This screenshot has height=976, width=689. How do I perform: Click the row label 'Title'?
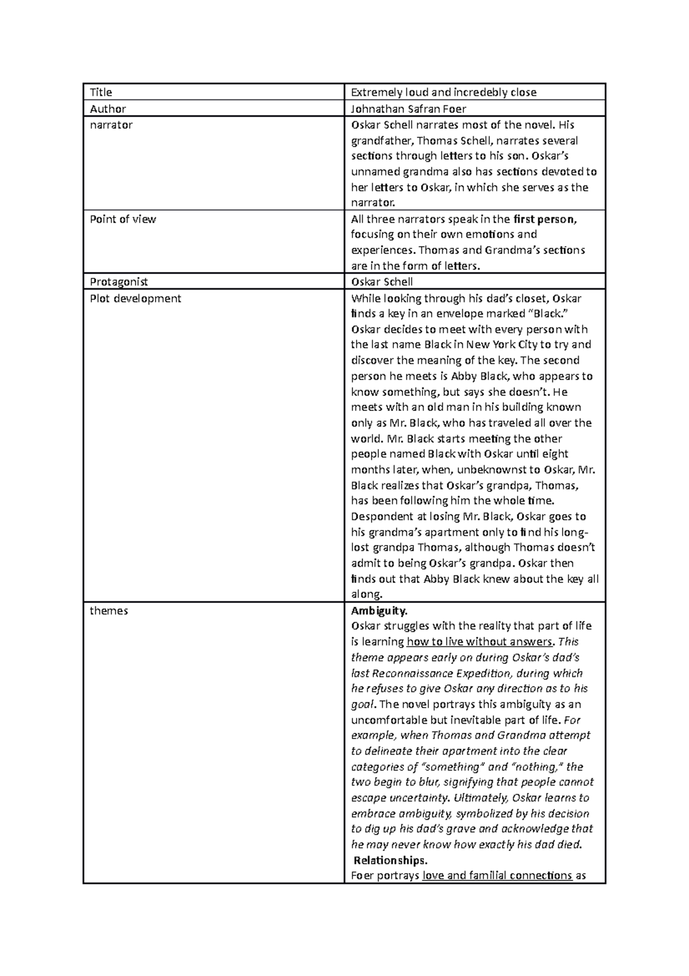click(x=101, y=93)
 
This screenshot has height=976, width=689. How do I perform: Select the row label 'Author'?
click(x=108, y=109)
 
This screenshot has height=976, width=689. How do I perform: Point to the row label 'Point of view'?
click(x=123, y=219)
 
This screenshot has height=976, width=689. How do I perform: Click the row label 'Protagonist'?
click(x=119, y=282)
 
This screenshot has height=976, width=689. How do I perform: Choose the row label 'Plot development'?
click(x=136, y=298)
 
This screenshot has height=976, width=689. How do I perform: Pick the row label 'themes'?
click(x=109, y=610)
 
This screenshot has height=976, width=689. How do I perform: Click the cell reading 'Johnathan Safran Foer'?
click(x=408, y=109)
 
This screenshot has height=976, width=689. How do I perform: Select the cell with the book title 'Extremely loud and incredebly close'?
click(x=443, y=93)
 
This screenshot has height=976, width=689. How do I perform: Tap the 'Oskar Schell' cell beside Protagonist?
click(x=382, y=282)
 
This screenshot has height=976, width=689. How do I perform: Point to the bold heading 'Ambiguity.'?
click(x=379, y=610)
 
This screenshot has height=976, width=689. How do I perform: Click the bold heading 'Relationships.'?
click(x=390, y=860)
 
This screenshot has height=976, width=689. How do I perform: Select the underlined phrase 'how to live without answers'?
click(x=479, y=642)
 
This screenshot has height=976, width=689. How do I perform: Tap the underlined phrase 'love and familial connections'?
click(x=497, y=876)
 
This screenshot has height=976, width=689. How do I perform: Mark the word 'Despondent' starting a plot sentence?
click(x=380, y=517)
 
